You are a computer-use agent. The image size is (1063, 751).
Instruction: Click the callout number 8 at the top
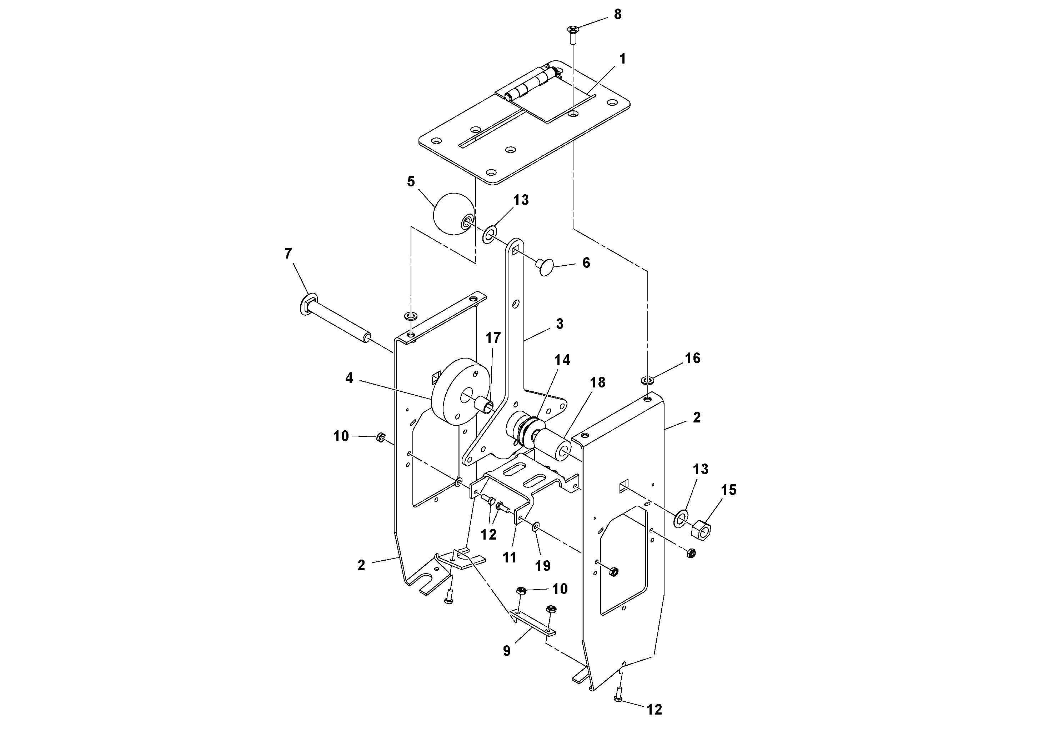click(618, 15)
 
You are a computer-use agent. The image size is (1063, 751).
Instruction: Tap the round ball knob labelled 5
click(453, 214)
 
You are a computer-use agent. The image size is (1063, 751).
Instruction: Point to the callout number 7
click(288, 254)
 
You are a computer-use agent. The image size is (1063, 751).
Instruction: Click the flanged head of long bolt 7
click(309, 304)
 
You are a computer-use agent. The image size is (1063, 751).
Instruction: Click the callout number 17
click(493, 338)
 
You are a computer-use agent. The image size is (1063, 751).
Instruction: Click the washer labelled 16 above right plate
click(647, 381)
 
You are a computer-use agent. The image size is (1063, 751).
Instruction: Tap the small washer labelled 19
click(536, 526)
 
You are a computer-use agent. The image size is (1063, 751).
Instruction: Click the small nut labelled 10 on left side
click(381, 437)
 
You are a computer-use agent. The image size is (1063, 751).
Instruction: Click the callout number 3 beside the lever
click(559, 324)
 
